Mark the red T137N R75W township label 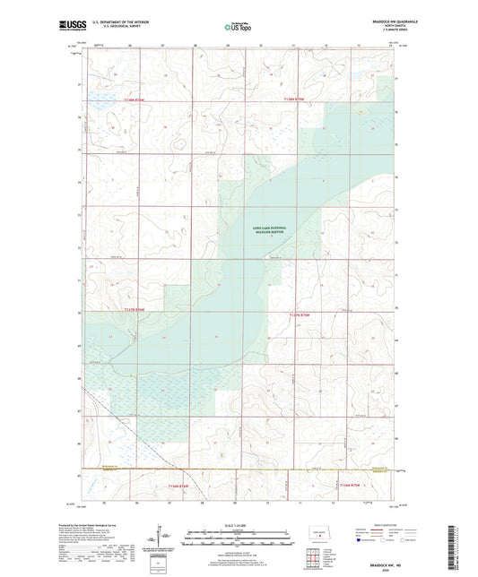click(299, 314)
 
